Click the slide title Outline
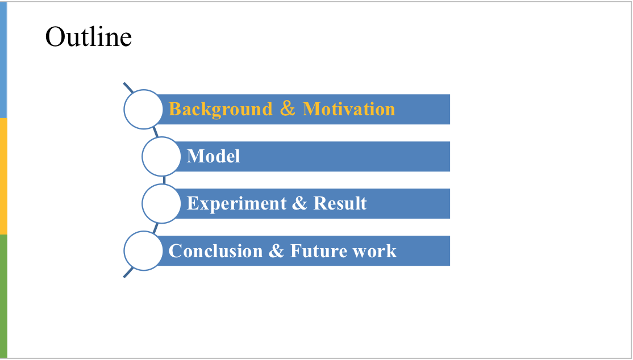point(88,37)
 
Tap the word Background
point(220,109)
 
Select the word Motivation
point(348,109)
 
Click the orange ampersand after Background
point(288,109)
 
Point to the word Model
point(214,156)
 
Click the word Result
point(340,203)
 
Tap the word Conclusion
point(215,251)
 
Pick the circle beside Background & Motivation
point(143,109)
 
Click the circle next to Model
point(161,156)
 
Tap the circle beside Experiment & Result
point(161,203)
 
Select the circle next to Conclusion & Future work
point(143,250)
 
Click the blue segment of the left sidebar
point(3,59)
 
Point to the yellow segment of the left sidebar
point(3,175)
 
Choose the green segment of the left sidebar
point(3,295)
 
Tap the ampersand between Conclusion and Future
point(276,251)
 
